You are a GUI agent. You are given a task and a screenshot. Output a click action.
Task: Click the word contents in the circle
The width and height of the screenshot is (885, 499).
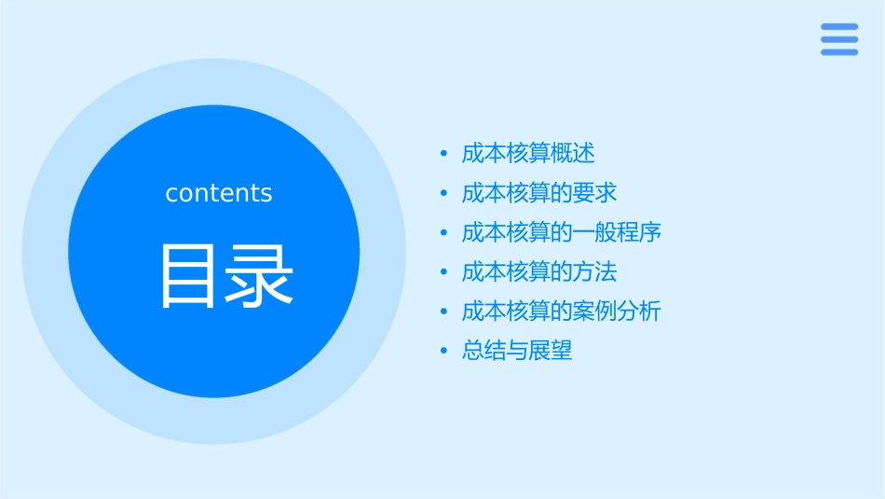point(219,193)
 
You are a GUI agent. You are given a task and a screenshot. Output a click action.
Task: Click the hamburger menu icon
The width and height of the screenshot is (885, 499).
point(839,39)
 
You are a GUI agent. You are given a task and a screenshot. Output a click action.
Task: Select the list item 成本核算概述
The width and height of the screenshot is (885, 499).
point(528,153)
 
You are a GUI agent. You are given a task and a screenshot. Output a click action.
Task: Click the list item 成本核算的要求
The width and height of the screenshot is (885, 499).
point(539,193)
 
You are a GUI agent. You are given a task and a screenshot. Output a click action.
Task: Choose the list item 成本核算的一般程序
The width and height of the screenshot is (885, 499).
point(562,232)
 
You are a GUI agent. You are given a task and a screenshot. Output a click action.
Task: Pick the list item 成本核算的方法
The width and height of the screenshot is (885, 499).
point(539,272)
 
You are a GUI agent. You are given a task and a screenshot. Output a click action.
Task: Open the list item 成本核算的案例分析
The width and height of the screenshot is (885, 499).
point(562,312)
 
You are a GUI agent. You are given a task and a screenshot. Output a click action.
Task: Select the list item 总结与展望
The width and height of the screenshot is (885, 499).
point(517,352)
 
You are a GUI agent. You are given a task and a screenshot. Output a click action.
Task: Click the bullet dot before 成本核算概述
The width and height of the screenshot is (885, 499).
point(444,154)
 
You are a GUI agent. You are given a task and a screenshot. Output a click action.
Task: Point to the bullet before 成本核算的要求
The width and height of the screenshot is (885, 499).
point(444,194)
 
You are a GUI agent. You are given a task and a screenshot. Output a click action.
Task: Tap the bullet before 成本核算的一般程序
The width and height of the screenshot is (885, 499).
point(444,233)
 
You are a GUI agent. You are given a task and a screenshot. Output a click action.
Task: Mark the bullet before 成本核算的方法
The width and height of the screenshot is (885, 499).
point(444,273)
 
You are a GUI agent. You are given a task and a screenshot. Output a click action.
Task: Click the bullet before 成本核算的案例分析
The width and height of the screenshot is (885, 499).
point(444,312)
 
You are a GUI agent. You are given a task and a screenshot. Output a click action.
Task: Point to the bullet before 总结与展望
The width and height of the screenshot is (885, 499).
point(444,353)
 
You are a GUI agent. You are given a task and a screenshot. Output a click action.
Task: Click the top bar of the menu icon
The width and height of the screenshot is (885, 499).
point(839,27)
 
